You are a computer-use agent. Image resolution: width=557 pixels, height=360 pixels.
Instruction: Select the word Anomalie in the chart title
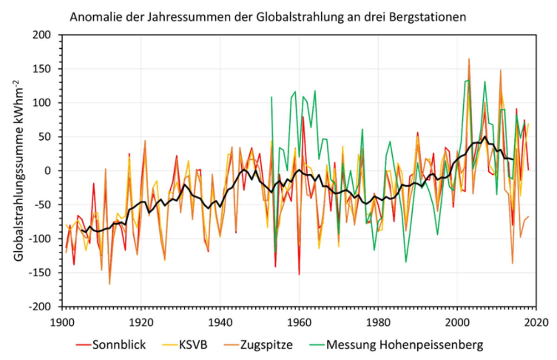tap(89, 18)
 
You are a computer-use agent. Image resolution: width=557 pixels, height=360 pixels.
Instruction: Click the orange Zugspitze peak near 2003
tap(469, 59)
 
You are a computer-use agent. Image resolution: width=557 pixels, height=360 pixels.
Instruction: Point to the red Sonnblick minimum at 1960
tap(299, 275)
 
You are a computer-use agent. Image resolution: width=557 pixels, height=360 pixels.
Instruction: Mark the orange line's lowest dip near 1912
tap(110, 284)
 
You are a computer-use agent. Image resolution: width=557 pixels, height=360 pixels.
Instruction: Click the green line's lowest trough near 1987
tap(406, 262)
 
